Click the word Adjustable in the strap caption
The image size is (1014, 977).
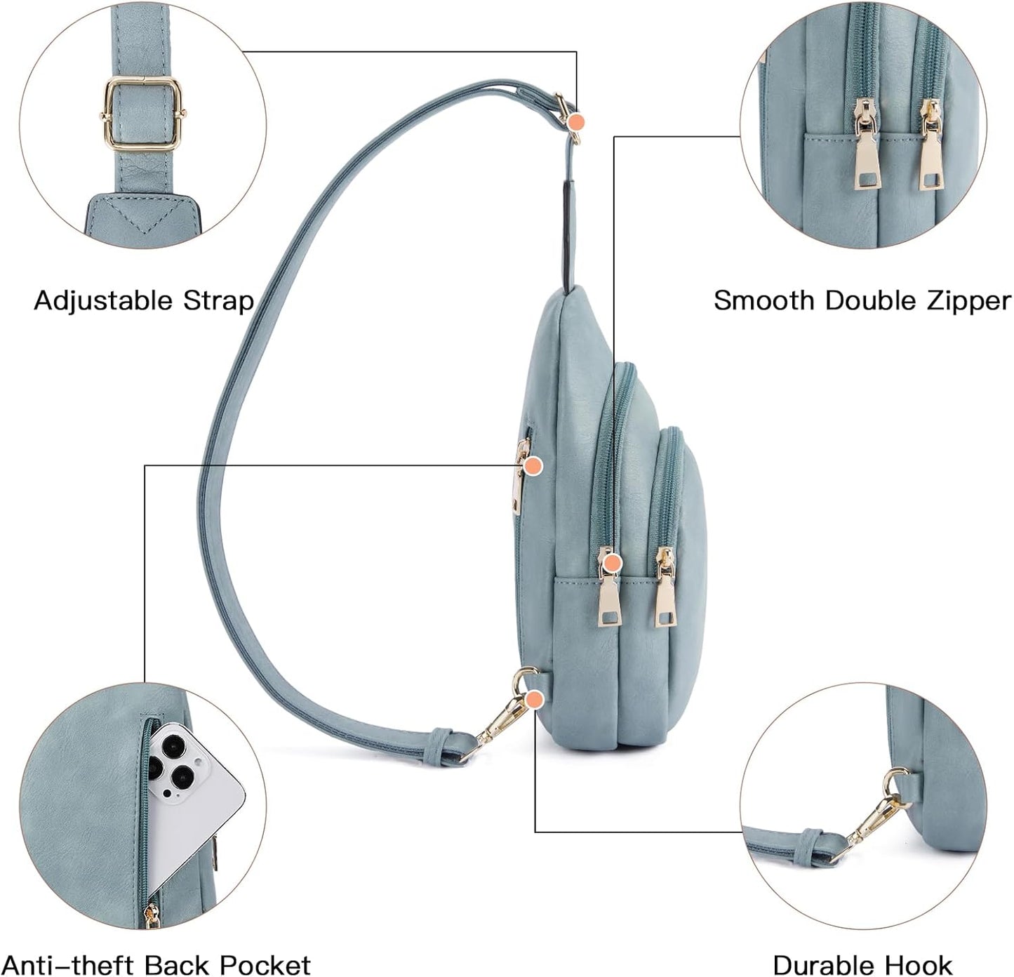coord(104,300)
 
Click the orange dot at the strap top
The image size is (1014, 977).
coord(577,121)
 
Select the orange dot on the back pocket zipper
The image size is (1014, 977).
coord(533,465)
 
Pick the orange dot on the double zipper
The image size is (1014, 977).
coord(613,561)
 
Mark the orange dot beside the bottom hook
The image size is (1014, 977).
coord(535,698)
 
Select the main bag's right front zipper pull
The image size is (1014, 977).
coord(665,590)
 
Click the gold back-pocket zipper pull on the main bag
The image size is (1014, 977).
coord(519,477)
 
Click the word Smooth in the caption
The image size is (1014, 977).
coord(764,300)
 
